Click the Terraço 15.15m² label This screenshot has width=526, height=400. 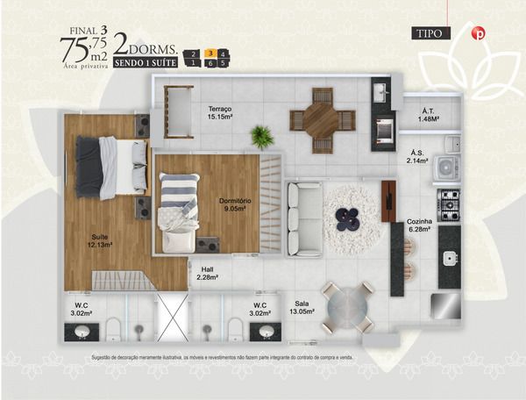click(219, 112)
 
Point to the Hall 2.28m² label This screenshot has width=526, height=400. click(207, 274)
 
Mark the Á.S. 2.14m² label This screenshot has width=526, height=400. click(416, 158)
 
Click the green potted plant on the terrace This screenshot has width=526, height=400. click(261, 136)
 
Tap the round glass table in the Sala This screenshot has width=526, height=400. click(347, 307)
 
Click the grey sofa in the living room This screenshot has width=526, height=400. click(305, 219)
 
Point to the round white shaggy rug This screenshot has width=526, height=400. click(353, 217)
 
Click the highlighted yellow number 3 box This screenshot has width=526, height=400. click(210, 54)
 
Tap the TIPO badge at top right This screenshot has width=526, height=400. click(430, 34)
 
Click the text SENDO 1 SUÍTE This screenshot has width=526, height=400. click(144, 62)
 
